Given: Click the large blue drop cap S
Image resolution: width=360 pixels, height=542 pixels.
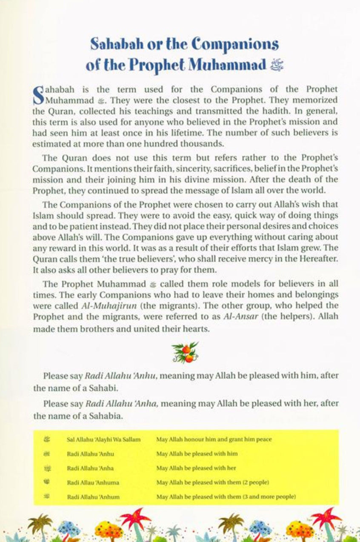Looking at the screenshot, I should pos(38,96).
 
